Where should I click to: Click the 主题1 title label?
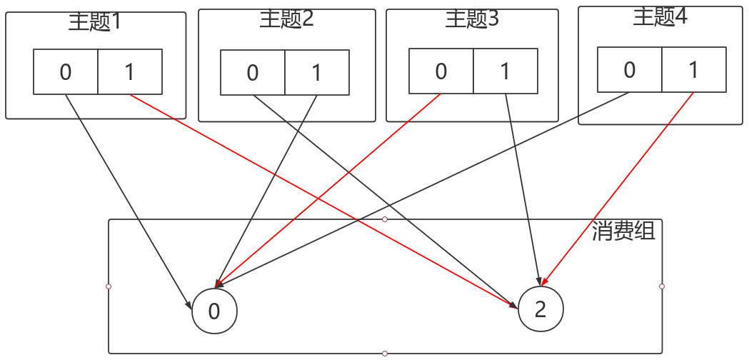tap(96, 22)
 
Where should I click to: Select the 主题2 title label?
tap(286, 19)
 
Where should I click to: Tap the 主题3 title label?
tap(472, 19)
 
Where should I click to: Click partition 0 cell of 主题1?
tap(66, 71)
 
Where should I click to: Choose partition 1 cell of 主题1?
tap(129, 71)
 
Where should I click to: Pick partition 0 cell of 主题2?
tap(253, 72)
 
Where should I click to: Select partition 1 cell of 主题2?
tap(316, 72)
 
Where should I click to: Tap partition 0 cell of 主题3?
tap(441, 71)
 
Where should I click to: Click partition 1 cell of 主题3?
tap(505, 71)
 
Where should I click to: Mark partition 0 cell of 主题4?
tap(630, 69)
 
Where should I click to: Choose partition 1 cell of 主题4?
tap(693, 69)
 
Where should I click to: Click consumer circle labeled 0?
tap(214, 311)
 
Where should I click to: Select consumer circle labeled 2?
tap(541, 309)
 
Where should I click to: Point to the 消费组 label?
tap(623, 231)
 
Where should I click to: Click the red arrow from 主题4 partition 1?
tap(618, 188)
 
